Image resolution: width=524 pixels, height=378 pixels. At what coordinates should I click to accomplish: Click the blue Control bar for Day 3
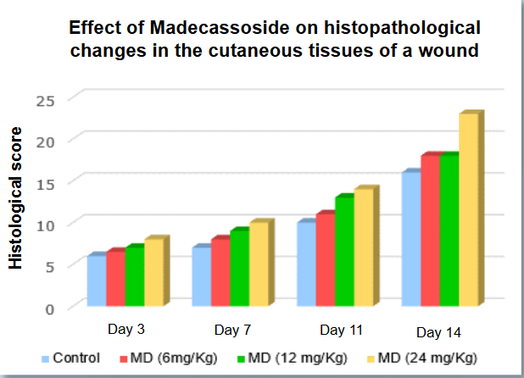(97, 280)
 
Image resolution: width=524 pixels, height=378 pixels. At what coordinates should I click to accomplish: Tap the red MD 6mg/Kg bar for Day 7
(220, 272)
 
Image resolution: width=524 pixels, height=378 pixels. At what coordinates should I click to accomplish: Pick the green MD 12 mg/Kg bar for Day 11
(344, 251)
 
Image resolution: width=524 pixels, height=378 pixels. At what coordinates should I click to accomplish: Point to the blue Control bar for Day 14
(411, 238)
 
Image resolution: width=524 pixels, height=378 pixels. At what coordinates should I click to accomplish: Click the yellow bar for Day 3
(153, 272)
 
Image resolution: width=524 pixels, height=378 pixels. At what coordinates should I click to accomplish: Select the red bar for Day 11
(325, 259)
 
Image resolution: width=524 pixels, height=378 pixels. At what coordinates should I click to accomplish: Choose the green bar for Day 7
(239, 268)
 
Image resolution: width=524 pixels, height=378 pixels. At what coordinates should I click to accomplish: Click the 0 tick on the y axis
(49, 309)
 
